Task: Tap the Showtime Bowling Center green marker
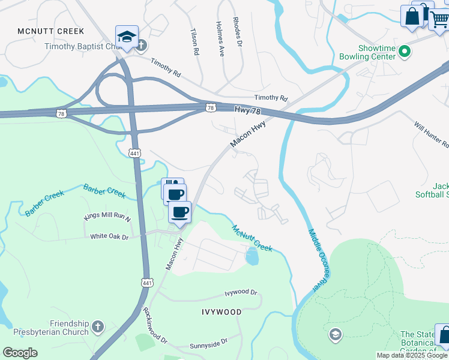(404, 52)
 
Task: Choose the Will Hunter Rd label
(432, 134)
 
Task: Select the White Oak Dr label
(109, 237)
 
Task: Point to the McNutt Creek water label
(252, 238)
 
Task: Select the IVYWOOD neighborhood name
(221, 312)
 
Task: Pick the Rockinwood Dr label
(155, 326)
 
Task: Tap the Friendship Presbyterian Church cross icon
(98, 328)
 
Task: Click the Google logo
(20, 353)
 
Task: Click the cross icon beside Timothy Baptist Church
(142, 46)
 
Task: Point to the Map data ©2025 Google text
(412, 355)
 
